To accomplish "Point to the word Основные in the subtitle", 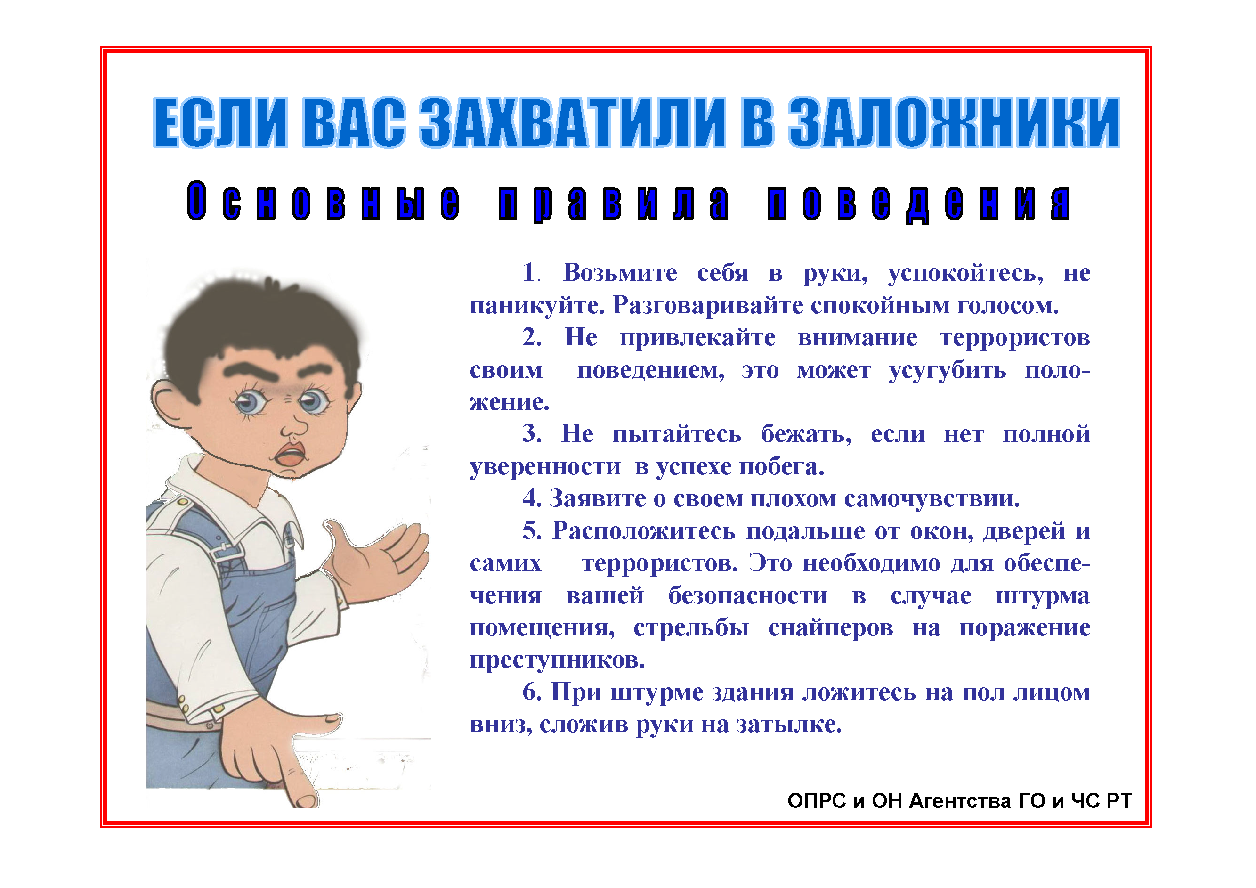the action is click(x=323, y=201).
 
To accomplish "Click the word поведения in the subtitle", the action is click(x=918, y=203).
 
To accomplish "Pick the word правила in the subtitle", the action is click(x=613, y=203).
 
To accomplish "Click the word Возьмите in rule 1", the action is click(x=620, y=272).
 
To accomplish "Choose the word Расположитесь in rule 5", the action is click(x=643, y=531).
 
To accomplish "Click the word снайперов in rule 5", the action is click(x=830, y=628).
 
